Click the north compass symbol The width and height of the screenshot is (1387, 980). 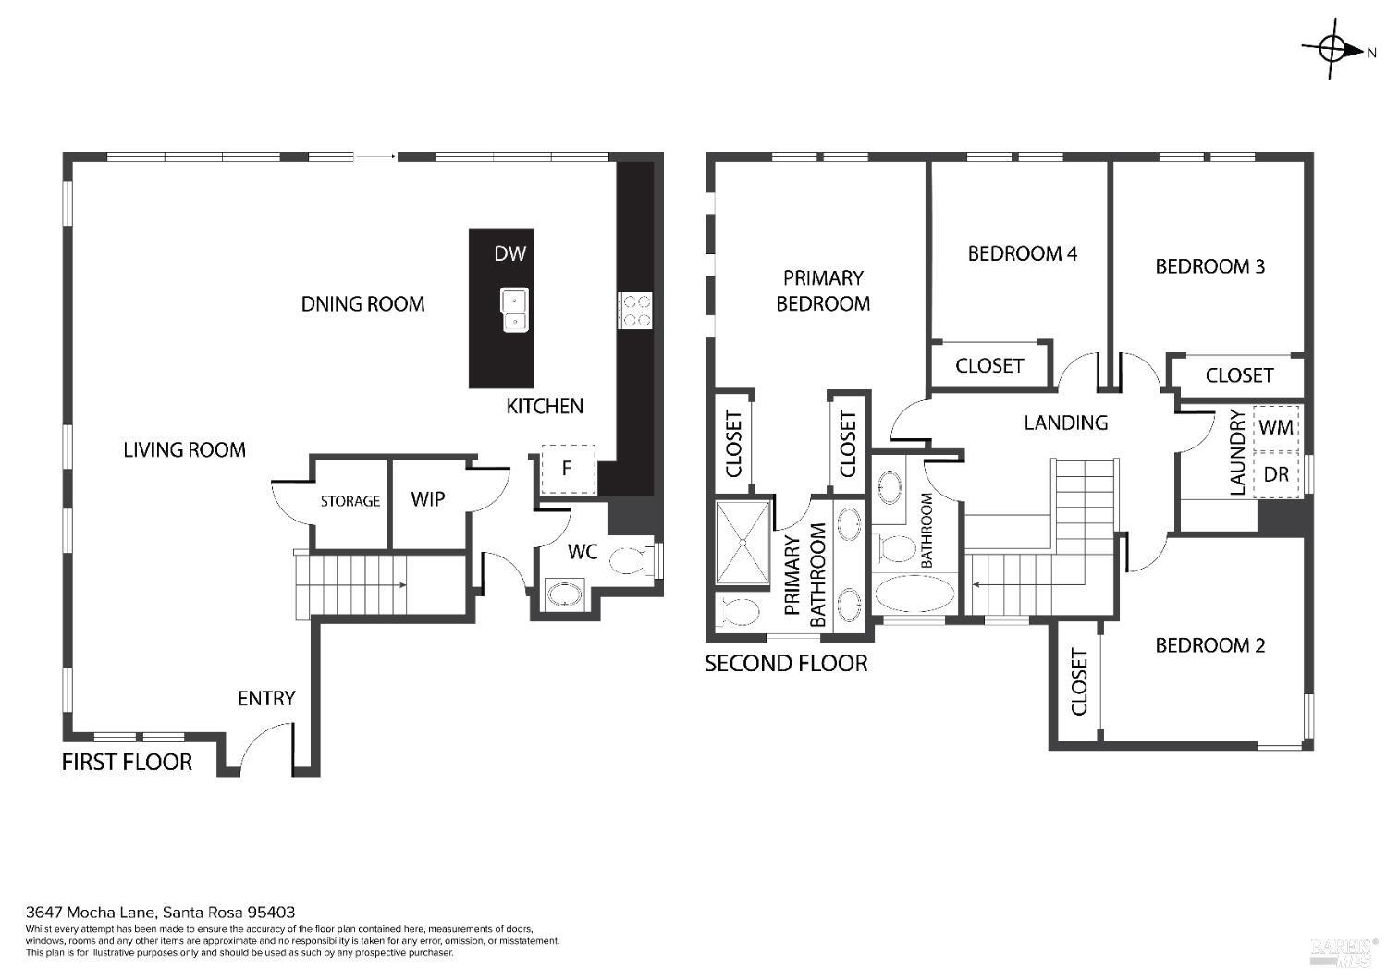click(x=1333, y=50)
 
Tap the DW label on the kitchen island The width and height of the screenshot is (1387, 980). click(x=509, y=253)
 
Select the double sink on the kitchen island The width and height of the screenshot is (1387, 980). click(x=514, y=310)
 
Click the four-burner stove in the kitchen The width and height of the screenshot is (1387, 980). click(x=636, y=310)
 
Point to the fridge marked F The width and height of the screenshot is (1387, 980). click(x=567, y=469)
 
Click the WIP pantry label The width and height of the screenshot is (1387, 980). click(x=428, y=499)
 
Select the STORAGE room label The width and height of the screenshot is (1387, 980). click(x=350, y=501)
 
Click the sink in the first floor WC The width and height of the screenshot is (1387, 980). click(x=564, y=593)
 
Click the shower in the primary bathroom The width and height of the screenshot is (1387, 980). click(x=743, y=544)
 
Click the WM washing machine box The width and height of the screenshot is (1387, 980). click(x=1276, y=428)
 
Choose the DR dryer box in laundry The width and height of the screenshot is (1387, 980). click(x=1276, y=474)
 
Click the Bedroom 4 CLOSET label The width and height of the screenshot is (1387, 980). click(x=989, y=365)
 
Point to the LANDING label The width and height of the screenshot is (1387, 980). click(x=1065, y=423)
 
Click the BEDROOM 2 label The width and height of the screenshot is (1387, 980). click(x=1209, y=645)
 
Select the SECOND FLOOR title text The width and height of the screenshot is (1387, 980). click(x=786, y=663)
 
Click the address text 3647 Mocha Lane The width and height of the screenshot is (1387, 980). click(x=160, y=912)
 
